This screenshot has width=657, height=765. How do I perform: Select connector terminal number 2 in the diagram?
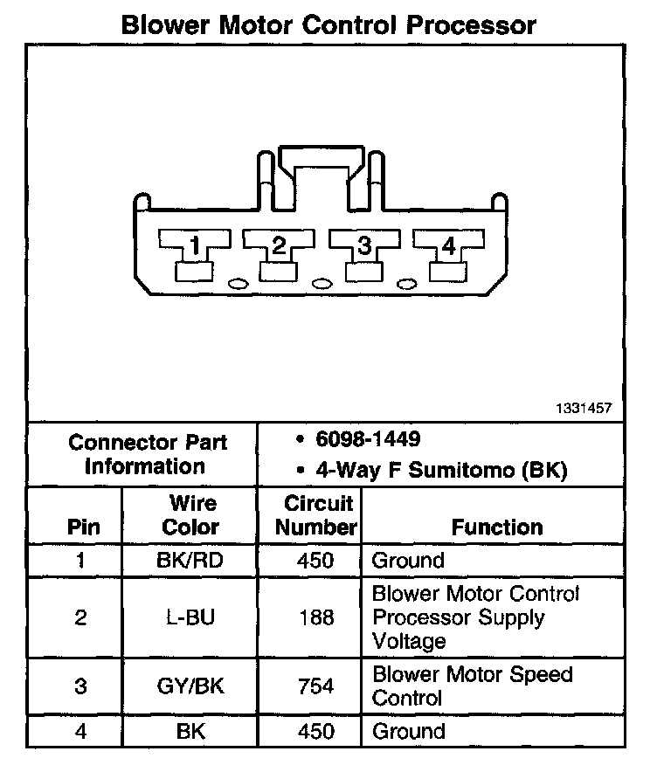[279, 248]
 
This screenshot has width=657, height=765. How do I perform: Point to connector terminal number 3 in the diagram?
[364, 248]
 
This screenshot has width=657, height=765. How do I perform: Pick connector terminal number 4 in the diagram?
[448, 248]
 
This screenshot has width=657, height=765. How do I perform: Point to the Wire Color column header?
[190, 515]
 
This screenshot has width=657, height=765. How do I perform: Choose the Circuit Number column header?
[318, 515]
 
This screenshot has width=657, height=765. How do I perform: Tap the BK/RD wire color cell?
[190, 560]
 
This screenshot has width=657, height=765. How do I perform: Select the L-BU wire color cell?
[190, 618]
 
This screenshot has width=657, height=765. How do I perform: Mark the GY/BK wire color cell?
[190, 686]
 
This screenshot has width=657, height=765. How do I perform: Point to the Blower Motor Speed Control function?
[473, 686]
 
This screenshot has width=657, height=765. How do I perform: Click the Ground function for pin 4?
[408, 731]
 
